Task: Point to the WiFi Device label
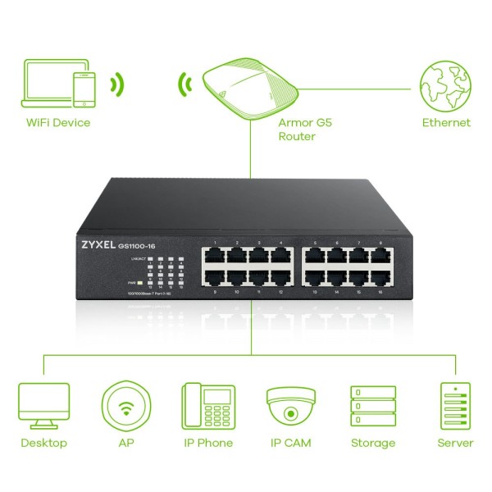pyautogui.click(x=57, y=123)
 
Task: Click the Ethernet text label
pyautogui.click(x=446, y=123)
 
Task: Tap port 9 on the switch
pyautogui.click(x=214, y=277)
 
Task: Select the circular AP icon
pyautogui.click(x=125, y=405)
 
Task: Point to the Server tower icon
pyautogui.click(x=455, y=405)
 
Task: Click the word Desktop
pyautogui.click(x=43, y=443)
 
